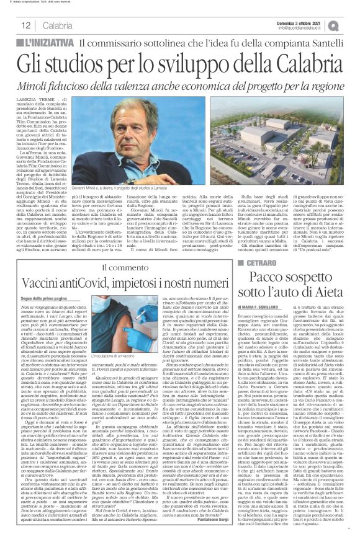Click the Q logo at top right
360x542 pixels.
tap(351, 25)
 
